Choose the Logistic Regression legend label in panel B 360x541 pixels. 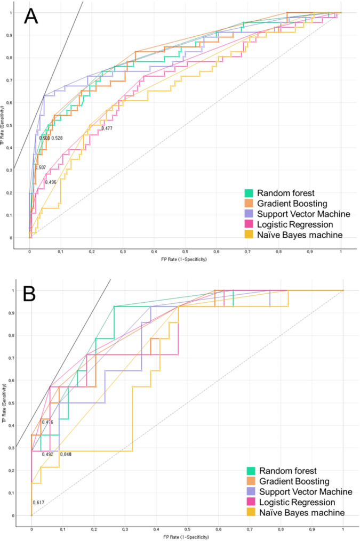(x=296, y=502)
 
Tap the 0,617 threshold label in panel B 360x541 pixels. (x=38, y=503)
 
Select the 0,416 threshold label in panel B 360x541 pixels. (x=47, y=422)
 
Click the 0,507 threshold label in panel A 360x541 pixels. (x=41, y=167)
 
